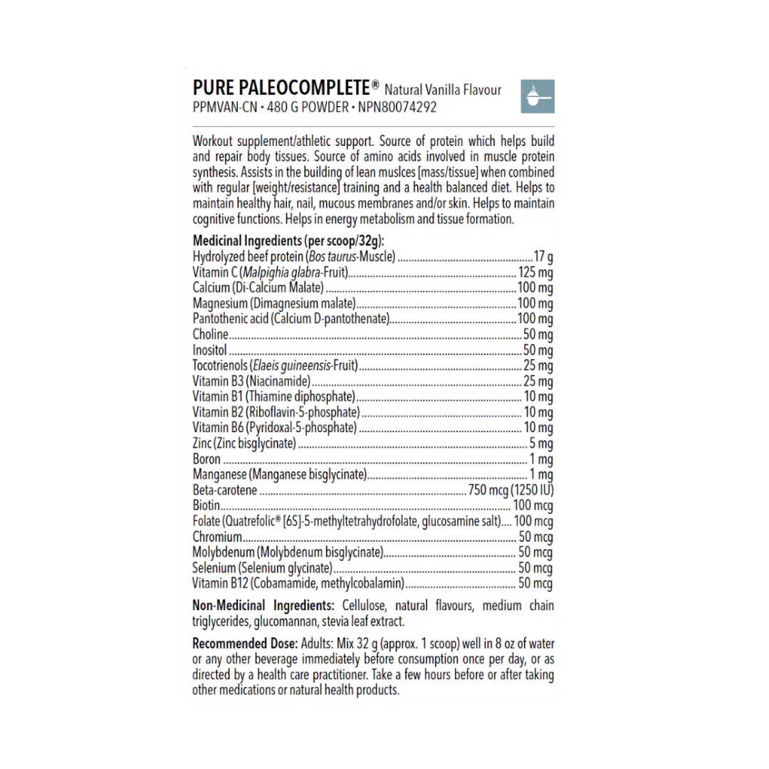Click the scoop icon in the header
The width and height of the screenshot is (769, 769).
(538, 97)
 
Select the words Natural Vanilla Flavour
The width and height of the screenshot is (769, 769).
(443, 90)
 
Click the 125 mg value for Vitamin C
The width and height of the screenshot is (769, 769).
(535, 272)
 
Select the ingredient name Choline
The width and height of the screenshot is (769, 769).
(210, 334)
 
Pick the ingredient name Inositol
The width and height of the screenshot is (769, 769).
(209, 350)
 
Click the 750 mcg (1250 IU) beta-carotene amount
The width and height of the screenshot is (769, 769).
(510, 490)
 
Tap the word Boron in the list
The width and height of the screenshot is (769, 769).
(206, 459)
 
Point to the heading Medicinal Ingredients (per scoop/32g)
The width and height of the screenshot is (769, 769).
(288, 241)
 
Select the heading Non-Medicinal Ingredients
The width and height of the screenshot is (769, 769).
(263, 606)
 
